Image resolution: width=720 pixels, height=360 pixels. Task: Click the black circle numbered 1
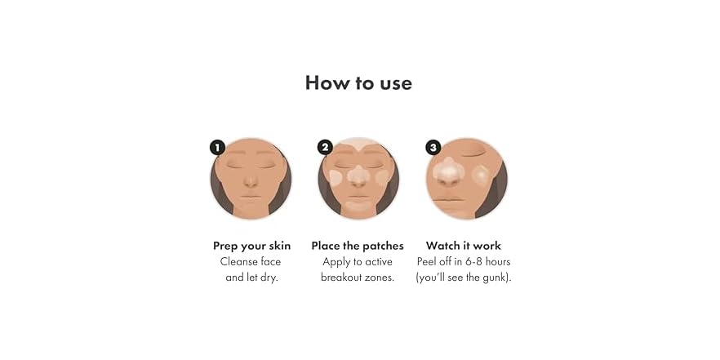pos(217,147)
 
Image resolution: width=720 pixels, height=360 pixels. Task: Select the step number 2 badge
pos(325,147)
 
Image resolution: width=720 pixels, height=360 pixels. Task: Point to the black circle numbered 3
pos(433,147)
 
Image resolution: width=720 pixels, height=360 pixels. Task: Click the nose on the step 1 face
pos(251,180)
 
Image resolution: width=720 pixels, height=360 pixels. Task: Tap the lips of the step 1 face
pos(251,196)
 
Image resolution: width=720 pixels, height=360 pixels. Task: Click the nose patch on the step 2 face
pos(358,175)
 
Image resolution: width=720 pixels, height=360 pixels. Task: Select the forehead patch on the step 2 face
pos(358,150)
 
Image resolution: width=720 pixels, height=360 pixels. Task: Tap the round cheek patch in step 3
pos(482,175)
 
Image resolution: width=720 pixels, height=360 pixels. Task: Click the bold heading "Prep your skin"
pos(251,246)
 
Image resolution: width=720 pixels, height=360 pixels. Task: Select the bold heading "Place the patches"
pos(358,246)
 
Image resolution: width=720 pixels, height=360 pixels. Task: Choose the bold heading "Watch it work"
pos(464,246)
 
